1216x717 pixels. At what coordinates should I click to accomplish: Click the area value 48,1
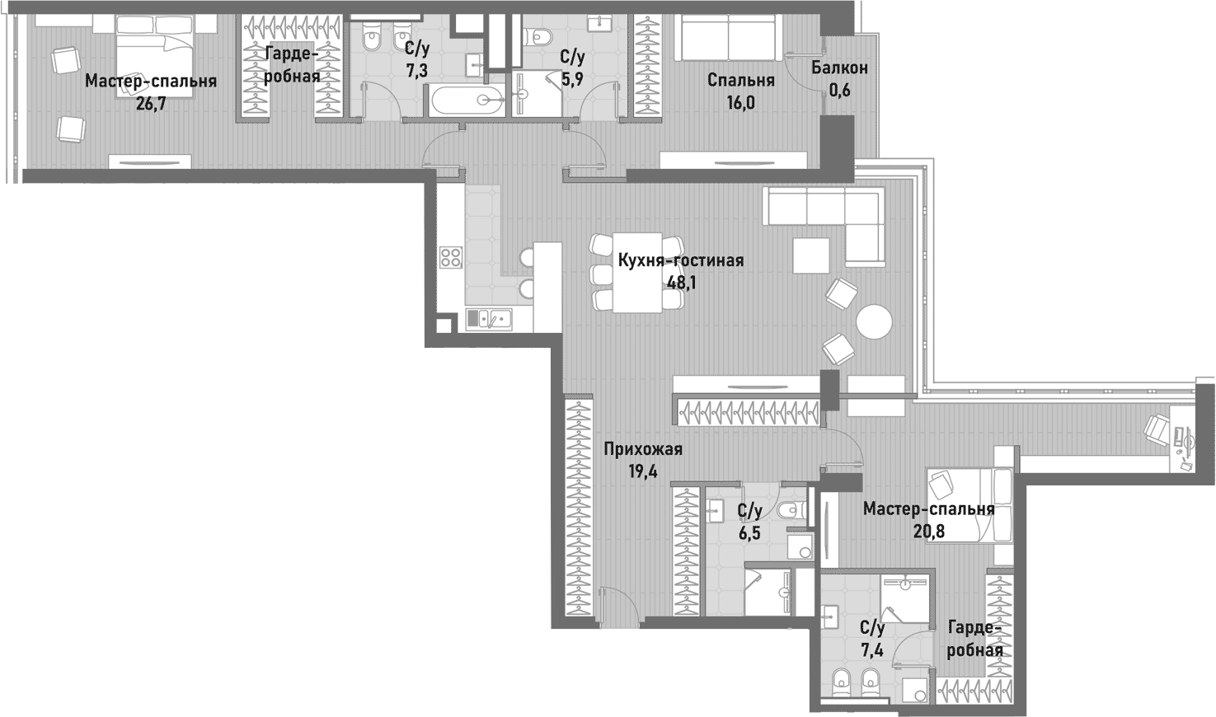(x=681, y=283)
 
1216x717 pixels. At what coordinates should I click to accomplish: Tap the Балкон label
(x=839, y=68)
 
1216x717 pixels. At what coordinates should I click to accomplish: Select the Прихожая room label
(x=643, y=449)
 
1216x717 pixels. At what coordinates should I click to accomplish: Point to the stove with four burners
(x=451, y=257)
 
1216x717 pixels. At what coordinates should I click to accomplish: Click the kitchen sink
(x=488, y=318)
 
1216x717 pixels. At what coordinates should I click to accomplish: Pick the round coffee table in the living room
(x=874, y=322)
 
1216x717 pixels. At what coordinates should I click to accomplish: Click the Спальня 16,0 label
(x=741, y=81)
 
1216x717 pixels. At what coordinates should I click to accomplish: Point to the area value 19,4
(x=643, y=471)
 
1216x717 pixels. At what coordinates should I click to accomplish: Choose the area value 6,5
(x=749, y=533)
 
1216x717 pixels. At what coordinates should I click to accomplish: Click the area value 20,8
(x=929, y=532)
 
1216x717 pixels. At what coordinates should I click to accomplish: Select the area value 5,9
(x=572, y=80)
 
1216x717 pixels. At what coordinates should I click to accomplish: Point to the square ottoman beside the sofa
(x=810, y=255)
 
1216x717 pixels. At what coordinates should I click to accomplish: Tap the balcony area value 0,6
(x=839, y=91)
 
